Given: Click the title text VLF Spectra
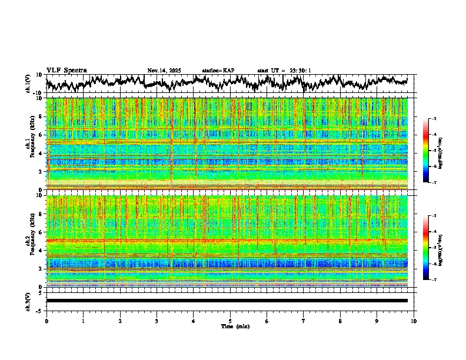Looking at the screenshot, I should click(x=66, y=70).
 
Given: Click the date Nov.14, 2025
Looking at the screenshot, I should click(x=164, y=71).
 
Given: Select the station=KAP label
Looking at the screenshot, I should click(x=218, y=71).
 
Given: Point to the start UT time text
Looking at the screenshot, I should click(x=284, y=71).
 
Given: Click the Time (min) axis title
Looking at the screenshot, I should click(x=235, y=326).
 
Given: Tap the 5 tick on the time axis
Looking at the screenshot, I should click(x=230, y=321).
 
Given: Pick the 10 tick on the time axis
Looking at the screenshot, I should click(x=414, y=321).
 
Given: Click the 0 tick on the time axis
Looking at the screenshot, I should click(x=46, y=321).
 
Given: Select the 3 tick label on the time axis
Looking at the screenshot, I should click(x=157, y=321).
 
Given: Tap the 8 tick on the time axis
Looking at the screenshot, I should click(x=340, y=321).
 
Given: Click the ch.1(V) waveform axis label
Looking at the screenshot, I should click(x=28, y=84).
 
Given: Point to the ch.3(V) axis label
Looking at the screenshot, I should click(x=28, y=301).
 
